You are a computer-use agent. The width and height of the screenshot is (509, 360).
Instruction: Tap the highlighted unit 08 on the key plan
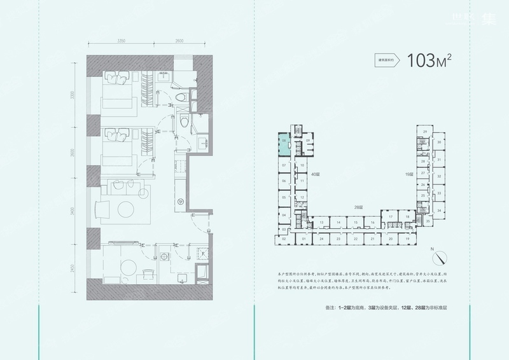click(283, 143)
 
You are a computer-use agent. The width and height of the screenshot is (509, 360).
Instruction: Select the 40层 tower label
click(314, 173)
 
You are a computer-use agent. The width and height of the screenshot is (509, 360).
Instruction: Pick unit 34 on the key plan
click(439, 209)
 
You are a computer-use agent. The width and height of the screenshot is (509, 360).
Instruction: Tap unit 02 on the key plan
click(283, 239)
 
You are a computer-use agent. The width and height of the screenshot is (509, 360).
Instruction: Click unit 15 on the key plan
click(356, 222)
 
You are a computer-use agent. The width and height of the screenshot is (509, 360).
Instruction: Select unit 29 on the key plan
click(424, 131)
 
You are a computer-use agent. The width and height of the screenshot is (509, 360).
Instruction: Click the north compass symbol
click(438, 257)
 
